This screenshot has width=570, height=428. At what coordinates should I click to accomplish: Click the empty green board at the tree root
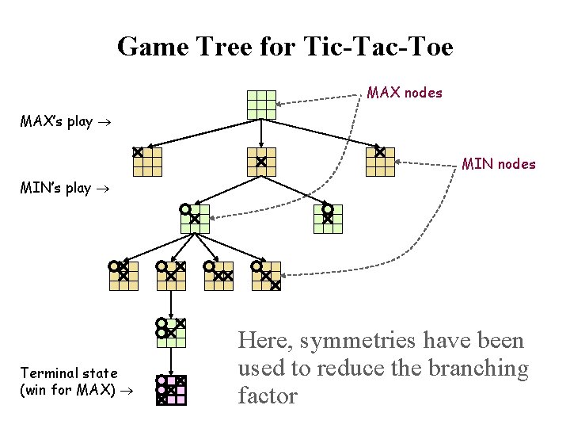[x=261, y=104]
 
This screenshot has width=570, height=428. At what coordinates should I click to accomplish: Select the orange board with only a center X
[x=261, y=161]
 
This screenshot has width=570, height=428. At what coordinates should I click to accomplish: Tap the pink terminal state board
[x=171, y=390]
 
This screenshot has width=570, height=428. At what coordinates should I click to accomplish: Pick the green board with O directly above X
[x=327, y=218]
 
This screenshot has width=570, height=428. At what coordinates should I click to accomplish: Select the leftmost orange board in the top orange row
[x=147, y=161]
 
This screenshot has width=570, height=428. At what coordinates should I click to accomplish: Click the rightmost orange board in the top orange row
[x=380, y=161]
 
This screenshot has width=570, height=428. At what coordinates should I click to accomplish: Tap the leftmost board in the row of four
[x=123, y=275]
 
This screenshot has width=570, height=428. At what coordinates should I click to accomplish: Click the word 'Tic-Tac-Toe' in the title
[x=378, y=47]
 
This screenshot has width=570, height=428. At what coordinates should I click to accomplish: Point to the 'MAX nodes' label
[x=405, y=93]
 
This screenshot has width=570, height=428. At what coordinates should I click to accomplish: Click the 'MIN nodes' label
[x=499, y=165]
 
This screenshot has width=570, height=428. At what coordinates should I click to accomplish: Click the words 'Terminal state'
[x=69, y=373]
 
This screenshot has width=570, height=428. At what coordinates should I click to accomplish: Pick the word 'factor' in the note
[x=268, y=395]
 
